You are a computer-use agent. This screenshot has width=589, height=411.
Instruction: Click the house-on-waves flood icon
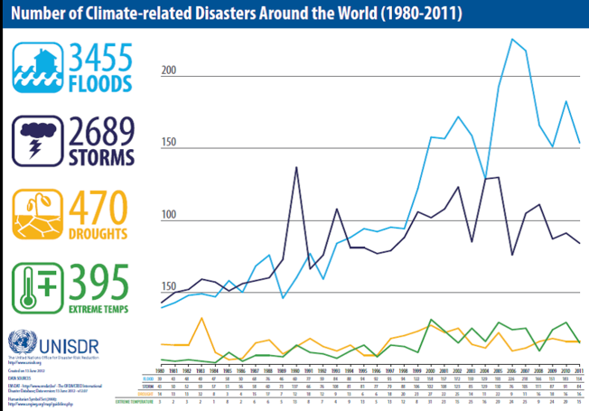coord(33,69)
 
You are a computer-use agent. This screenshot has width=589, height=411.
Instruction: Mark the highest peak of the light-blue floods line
coord(513,39)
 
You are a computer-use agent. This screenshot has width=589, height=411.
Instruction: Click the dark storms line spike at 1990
coord(296,167)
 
